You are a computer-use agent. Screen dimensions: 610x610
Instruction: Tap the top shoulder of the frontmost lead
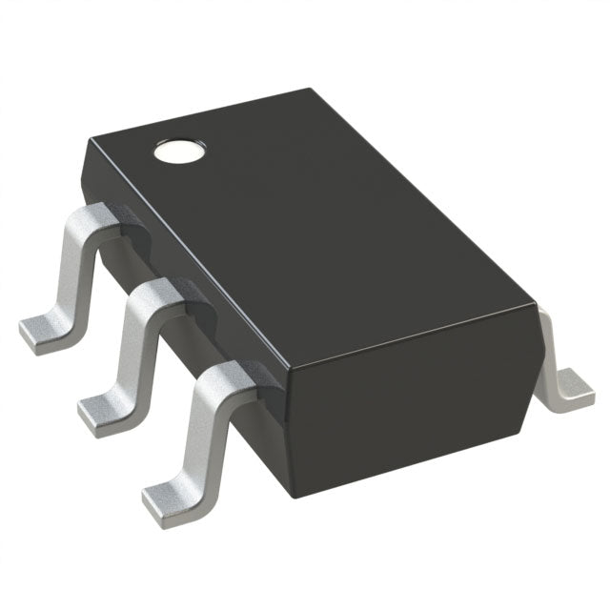pyautogui.click(x=225, y=376)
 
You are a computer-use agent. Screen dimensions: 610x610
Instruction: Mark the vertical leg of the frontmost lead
pyautogui.click(x=200, y=434)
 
